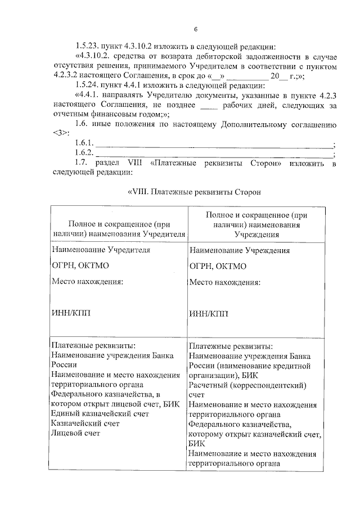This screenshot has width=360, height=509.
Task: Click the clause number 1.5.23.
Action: click(x=87, y=47)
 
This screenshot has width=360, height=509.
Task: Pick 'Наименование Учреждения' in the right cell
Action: click(x=240, y=250)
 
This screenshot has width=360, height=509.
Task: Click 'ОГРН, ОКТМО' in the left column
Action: click(x=78, y=265)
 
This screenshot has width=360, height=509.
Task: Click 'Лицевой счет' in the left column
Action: click(x=75, y=433)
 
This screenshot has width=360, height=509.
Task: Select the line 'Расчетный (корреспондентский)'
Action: click(x=247, y=385)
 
